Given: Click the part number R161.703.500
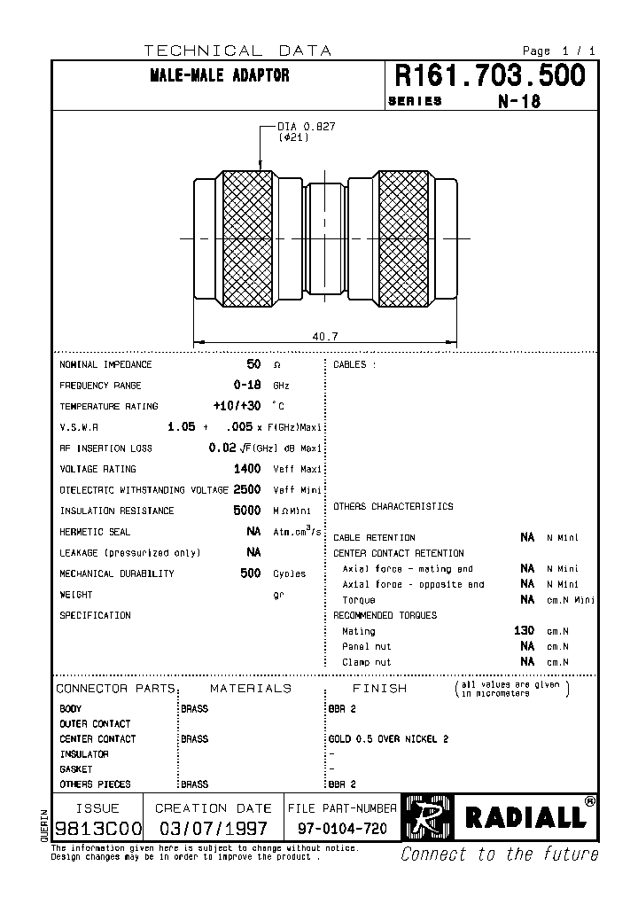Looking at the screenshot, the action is coord(489,76).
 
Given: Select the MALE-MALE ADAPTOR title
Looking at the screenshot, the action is coord(220,76).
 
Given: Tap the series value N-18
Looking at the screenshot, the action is coord(518,101).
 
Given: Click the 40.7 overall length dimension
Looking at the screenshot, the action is coord(325,336).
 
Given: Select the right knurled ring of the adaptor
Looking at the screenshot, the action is coord(403,239).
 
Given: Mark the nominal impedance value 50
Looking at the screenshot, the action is coord(253,364).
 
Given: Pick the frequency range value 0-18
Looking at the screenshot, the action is coord(247,386).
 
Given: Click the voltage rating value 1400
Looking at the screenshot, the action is coord(247,469).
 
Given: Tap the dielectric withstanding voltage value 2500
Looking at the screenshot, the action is coord(247,489).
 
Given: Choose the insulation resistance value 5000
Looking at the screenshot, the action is coord(247,511).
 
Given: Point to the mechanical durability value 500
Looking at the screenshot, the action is coord(251,573).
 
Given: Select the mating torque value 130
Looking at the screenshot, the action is coord(524,630).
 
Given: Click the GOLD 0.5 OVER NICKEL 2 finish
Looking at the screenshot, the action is coord(388,739).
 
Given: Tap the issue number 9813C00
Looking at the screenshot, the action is coord(97,827).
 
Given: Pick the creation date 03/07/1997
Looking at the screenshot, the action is coord(213,827).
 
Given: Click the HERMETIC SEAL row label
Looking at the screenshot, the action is coord(95,532).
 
